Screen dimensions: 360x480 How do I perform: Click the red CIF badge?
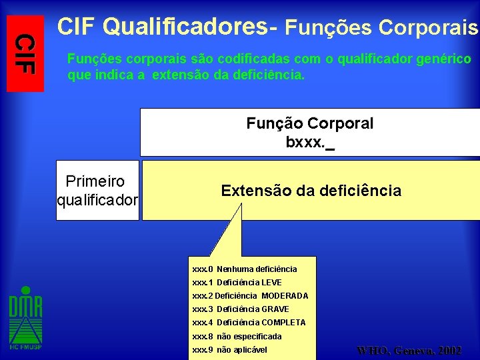(x=25, y=53)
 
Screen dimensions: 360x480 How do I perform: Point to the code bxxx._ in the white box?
(x=309, y=142)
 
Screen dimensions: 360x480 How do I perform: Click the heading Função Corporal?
(x=309, y=123)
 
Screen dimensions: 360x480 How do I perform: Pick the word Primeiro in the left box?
(x=95, y=182)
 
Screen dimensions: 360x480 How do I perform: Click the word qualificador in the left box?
(x=98, y=199)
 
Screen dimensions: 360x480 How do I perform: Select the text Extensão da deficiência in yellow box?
(x=311, y=191)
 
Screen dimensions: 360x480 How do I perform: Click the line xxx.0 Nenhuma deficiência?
(x=245, y=269)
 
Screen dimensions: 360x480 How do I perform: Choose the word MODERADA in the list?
(x=285, y=296)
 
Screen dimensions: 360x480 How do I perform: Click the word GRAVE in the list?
(x=275, y=309)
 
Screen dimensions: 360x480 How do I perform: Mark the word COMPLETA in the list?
(x=283, y=323)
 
